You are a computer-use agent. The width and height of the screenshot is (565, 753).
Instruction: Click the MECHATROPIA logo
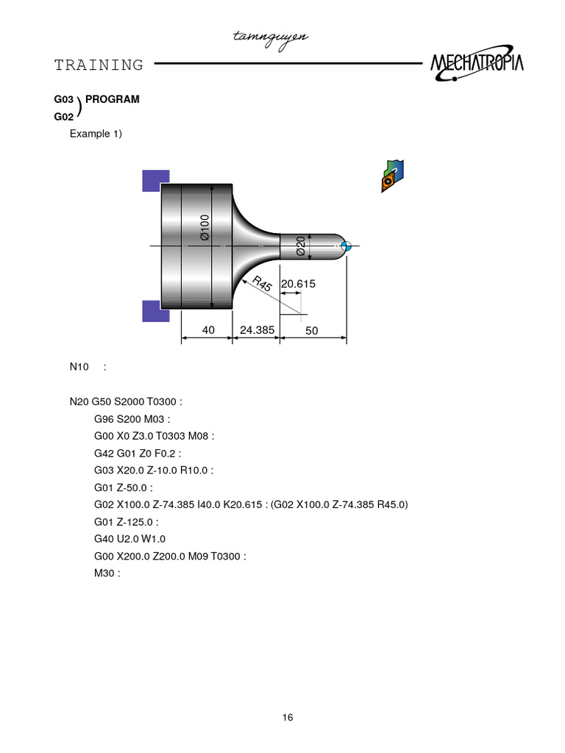pyautogui.click(x=477, y=64)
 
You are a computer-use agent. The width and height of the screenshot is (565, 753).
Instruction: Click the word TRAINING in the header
pyautogui.click(x=99, y=65)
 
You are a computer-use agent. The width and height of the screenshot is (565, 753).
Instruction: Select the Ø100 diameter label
pyautogui.click(x=205, y=227)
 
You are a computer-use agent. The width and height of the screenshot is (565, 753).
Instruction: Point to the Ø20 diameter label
pyautogui.click(x=301, y=246)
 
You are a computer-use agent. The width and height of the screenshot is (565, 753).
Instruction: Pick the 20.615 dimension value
pyautogui.click(x=298, y=284)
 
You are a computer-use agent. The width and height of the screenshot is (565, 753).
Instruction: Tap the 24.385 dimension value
pyautogui.click(x=257, y=330)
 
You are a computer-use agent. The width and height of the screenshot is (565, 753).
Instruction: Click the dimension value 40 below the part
pyautogui.click(x=208, y=330)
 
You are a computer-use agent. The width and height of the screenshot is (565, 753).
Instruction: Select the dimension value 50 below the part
pyautogui.click(x=312, y=331)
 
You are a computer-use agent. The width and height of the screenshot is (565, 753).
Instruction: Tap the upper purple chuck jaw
pyautogui.click(x=156, y=180)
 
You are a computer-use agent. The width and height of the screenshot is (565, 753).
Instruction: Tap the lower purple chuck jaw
pyautogui.click(x=156, y=310)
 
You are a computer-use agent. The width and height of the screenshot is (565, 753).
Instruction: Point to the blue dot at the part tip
pyautogui.click(x=348, y=246)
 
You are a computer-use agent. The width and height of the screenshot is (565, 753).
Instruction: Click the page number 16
pyautogui.click(x=288, y=718)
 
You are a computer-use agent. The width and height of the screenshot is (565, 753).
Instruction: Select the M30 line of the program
pyautogui.click(x=107, y=573)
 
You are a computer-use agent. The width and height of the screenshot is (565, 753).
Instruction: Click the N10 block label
pyautogui.click(x=79, y=366)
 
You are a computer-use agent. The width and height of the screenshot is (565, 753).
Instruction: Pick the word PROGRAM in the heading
pyautogui.click(x=113, y=99)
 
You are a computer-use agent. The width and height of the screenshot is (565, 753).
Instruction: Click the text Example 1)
pyautogui.click(x=96, y=133)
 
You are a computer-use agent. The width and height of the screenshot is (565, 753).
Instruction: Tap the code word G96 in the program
pyautogui.click(x=104, y=419)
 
